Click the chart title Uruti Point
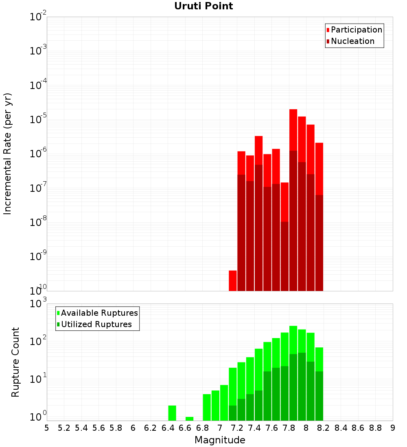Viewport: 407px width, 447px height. click(x=203, y=6)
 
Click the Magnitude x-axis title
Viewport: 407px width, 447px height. click(x=220, y=440)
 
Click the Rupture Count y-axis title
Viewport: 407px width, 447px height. click(x=15, y=362)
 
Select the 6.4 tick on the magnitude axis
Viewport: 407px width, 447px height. click(x=168, y=428)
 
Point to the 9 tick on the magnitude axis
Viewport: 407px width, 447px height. click(x=393, y=428)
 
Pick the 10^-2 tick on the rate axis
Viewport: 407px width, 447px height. click(x=38, y=17)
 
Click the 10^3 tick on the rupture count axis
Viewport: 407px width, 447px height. click(x=38, y=304)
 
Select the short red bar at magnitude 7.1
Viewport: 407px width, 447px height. click(x=233, y=280)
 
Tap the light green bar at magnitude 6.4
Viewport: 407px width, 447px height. click(x=172, y=413)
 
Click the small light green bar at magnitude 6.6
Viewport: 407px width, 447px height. click(x=189, y=419)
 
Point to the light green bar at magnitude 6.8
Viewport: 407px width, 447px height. click(x=207, y=407)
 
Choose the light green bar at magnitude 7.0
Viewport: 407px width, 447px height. click(x=224, y=403)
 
